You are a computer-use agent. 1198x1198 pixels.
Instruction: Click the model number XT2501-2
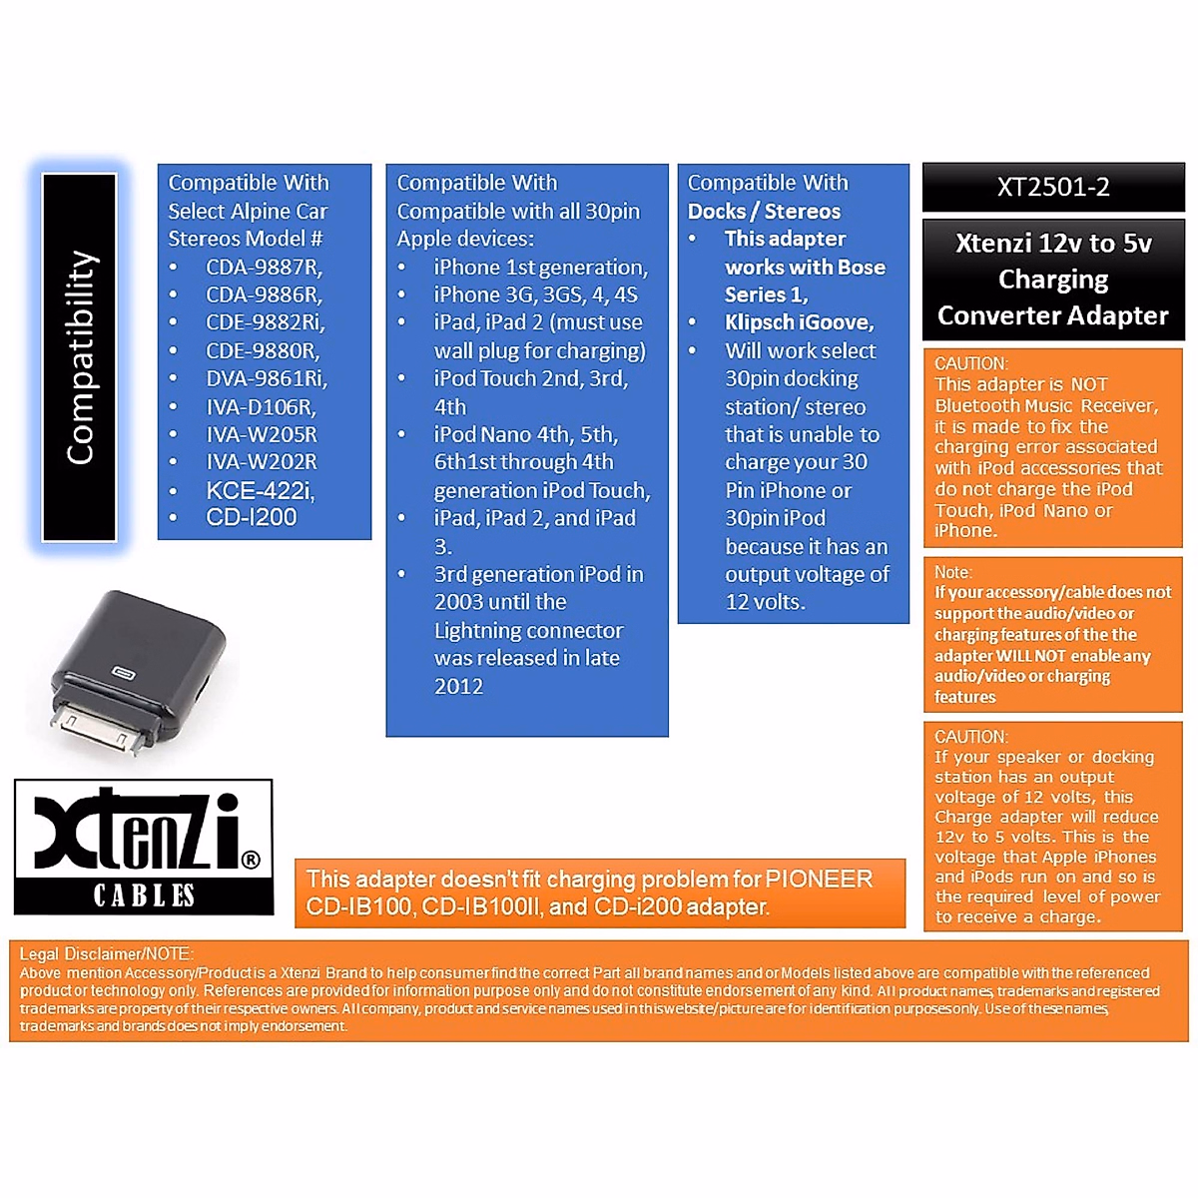coord(1053,187)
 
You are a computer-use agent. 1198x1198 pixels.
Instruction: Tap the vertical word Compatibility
coord(80,357)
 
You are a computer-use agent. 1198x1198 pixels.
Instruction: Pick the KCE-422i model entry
coord(260,490)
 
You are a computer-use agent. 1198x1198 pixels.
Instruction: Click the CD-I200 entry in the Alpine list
coord(252,517)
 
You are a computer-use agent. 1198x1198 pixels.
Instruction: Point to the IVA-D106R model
coord(261,407)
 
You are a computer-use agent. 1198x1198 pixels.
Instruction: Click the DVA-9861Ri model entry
coord(266,379)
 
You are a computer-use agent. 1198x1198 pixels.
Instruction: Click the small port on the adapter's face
coord(123,672)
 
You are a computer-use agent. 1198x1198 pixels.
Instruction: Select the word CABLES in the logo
coord(144,896)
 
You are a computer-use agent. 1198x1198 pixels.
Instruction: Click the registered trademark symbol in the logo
coord(251,860)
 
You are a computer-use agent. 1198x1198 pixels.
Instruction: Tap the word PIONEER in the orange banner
coord(819,880)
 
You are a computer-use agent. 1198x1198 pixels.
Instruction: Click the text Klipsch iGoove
coord(799,322)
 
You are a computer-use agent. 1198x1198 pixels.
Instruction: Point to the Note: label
coord(953,572)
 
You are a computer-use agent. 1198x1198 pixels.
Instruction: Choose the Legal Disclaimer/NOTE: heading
coord(107,954)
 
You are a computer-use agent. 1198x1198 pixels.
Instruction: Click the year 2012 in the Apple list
coord(458,687)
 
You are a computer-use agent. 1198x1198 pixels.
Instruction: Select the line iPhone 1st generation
coord(540,268)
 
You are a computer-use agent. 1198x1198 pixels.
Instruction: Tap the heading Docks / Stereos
coord(764,212)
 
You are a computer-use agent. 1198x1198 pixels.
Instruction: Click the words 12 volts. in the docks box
coord(765,602)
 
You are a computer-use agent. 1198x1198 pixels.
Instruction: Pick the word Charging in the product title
coord(1053,280)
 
